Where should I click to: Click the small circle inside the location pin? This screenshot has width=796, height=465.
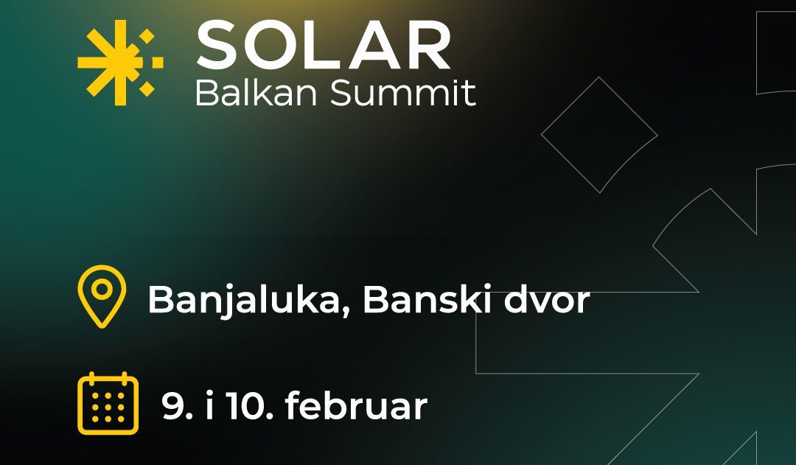(102, 288)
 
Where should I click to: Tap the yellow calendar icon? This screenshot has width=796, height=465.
(108, 403)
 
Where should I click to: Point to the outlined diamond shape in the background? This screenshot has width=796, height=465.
(598, 135)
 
